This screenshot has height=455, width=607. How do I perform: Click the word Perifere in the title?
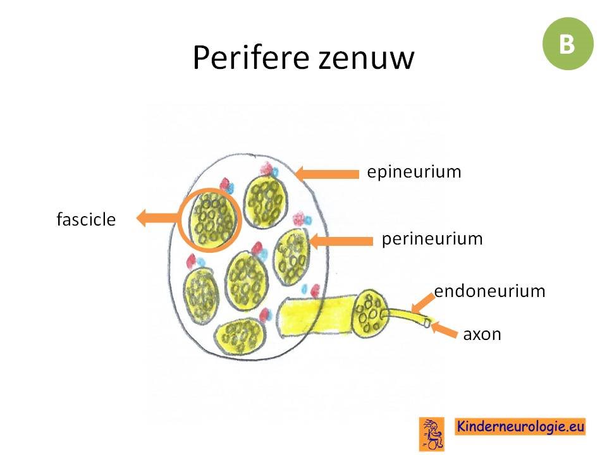pos(251,58)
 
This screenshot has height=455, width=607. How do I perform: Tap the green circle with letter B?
pos(568,44)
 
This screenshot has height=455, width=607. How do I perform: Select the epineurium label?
pos(414,172)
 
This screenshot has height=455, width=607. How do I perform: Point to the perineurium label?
pos(432,239)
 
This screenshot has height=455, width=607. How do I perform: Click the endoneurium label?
pos(489,291)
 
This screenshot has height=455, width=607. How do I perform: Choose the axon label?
pos(482,334)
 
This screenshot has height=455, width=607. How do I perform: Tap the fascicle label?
pos(86,219)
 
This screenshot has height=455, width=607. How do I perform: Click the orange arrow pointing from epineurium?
pos(326,174)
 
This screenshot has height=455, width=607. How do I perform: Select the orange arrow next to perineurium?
pos(341,241)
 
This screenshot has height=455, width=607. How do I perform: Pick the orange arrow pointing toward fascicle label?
pos(158,218)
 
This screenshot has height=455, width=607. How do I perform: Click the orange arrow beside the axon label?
pos(444,330)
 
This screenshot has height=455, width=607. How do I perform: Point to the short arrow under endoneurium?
pos(422,303)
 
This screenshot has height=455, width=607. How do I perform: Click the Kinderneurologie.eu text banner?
pos(520,427)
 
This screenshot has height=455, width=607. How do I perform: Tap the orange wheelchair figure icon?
pos(432,434)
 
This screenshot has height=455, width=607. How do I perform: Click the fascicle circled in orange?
pos(212,220)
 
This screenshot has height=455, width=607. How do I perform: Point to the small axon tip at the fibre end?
pos(427,322)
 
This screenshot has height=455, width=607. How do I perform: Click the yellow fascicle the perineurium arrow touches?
pos(291,257)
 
